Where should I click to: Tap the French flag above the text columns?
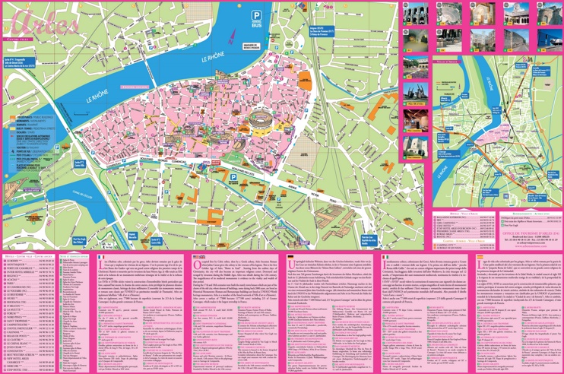click(101, 258)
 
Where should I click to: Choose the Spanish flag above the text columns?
click(480, 258)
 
